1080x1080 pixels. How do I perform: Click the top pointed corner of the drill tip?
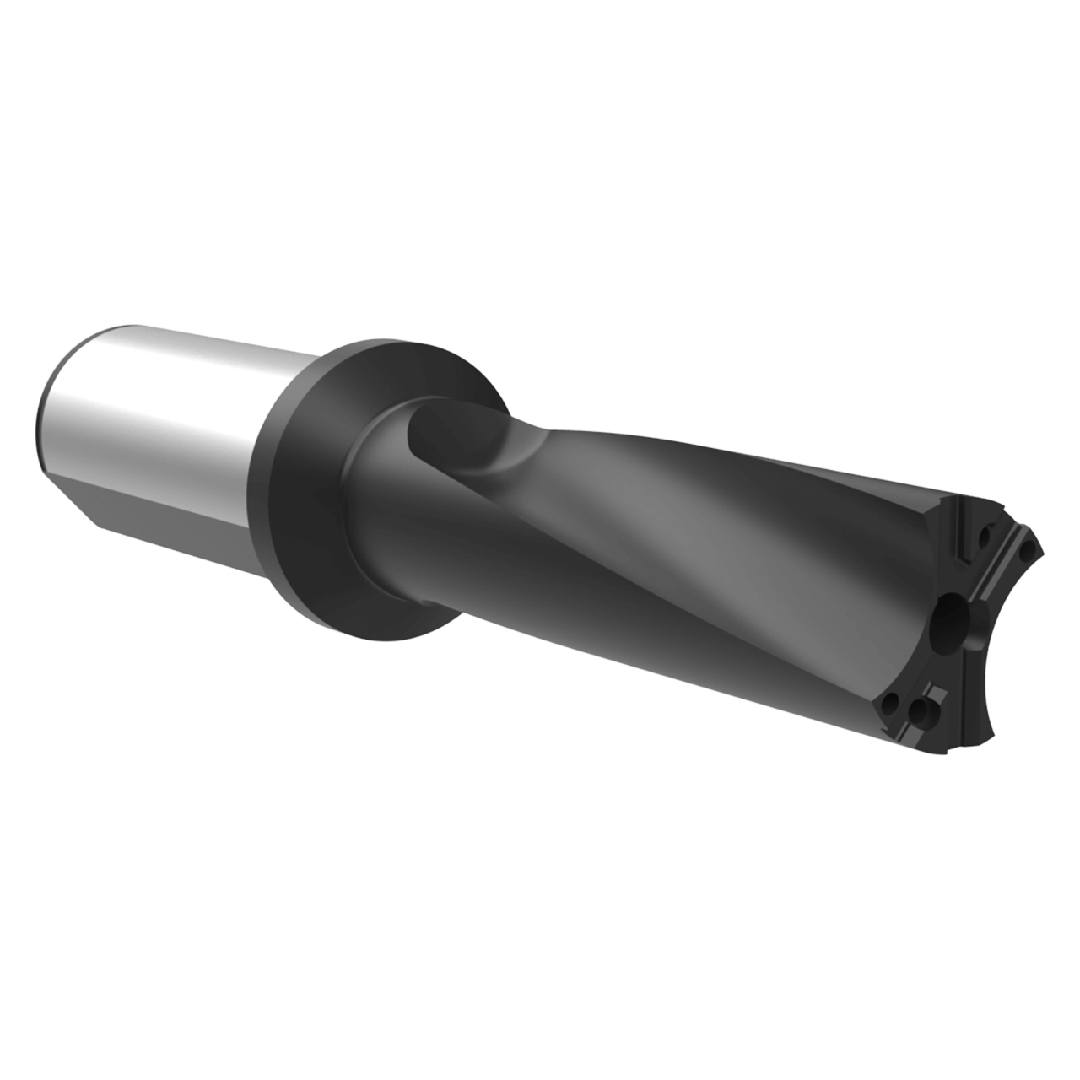[x=1043, y=553]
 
